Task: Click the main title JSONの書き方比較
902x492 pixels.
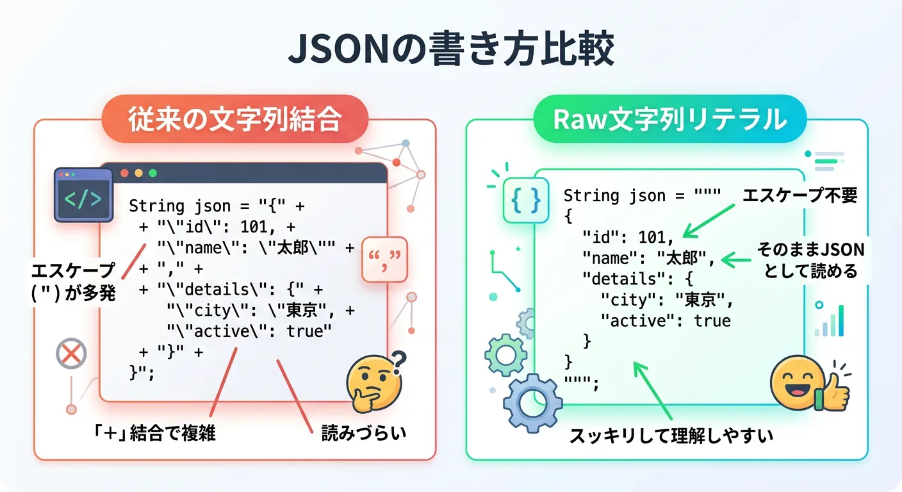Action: click(450, 50)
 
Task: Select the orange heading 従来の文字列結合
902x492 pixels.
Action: click(234, 119)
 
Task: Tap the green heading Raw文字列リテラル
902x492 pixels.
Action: click(669, 119)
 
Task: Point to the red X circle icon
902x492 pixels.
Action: click(71, 353)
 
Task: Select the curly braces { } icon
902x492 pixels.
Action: click(525, 199)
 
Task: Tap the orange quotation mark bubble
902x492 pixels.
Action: click(384, 259)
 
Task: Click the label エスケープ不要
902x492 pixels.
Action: click(799, 196)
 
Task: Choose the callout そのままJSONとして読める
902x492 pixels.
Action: click(810, 260)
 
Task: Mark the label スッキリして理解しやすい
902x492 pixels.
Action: click(671, 436)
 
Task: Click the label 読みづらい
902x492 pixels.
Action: click(364, 434)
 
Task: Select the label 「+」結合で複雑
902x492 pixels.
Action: click(154, 434)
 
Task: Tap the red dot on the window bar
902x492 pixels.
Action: click(124, 173)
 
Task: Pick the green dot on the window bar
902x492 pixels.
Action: click(152, 173)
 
